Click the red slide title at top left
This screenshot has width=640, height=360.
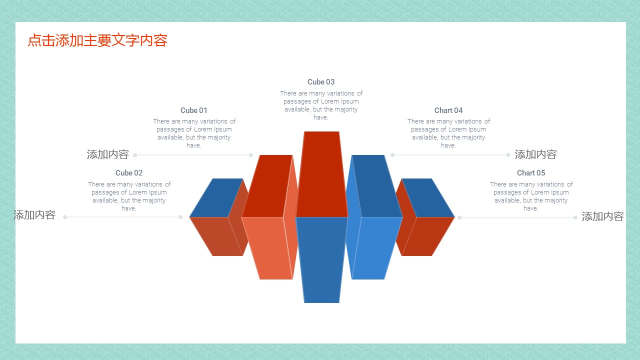[97, 40]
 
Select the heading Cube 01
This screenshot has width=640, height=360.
[193, 110]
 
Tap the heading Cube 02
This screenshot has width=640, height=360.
[129, 173]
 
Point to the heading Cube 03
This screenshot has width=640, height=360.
[321, 82]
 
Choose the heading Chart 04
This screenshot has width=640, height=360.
[448, 110]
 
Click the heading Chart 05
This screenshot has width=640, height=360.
[531, 173]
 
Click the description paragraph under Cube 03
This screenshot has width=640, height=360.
[321, 105]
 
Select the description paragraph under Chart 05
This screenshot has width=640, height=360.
[531, 196]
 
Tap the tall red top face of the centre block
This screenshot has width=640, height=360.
[321, 174]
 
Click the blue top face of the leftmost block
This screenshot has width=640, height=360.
[216, 197]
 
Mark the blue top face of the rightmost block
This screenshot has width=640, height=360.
[428, 197]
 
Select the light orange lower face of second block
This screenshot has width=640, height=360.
[267, 248]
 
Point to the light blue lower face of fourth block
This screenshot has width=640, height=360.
[377, 248]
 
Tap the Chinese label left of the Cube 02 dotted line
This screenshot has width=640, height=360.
[34, 215]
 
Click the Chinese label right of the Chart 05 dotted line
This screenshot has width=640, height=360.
[603, 216]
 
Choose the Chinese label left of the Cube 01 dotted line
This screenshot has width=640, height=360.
[107, 154]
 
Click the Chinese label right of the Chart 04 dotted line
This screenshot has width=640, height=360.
[535, 154]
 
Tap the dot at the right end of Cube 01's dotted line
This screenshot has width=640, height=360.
[250, 155]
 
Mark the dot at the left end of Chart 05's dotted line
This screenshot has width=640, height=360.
[459, 217]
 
